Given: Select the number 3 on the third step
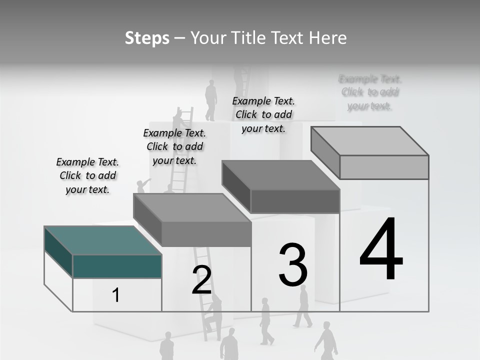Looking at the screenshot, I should [x=293, y=265].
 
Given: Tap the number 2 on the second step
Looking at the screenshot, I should [x=201, y=280].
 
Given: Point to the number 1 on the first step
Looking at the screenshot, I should [x=116, y=295].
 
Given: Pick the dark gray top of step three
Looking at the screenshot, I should [x=280, y=175].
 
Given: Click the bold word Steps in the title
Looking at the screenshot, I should [x=147, y=38].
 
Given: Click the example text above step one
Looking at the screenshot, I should [x=87, y=175].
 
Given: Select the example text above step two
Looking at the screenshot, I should [x=174, y=146].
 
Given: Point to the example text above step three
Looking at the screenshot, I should [x=263, y=114].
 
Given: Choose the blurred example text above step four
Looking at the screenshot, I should [x=370, y=92].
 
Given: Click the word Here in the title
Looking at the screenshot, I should [x=328, y=38].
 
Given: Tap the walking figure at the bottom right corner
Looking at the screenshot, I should [x=327, y=340].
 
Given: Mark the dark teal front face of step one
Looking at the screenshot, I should [x=117, y=266].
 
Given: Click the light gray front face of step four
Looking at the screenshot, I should [x=384, y=167].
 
